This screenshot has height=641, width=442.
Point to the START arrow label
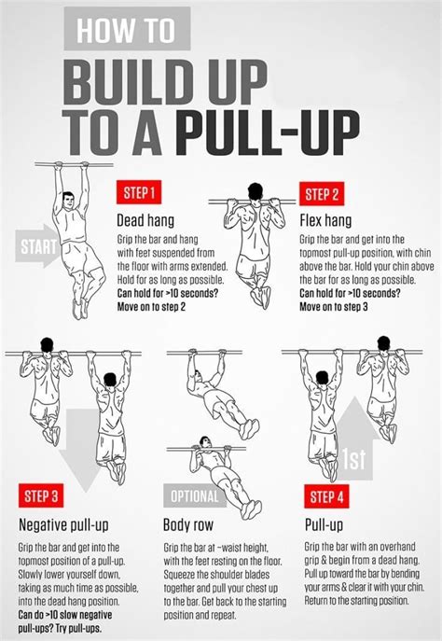(36, 248)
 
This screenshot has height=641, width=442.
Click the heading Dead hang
(142, 221)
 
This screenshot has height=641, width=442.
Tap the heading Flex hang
(325, 221)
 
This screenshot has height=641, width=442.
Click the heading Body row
(190, 524)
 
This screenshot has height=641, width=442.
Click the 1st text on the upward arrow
(352, 459)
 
